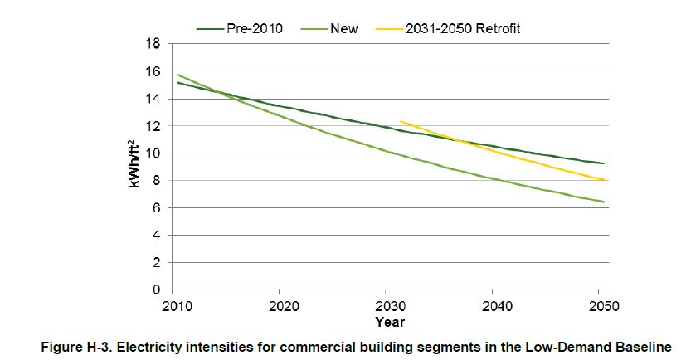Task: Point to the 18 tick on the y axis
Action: point(153,44)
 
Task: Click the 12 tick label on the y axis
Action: point(153,126)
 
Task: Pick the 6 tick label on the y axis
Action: point(157,208)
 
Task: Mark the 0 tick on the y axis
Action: point(157,290)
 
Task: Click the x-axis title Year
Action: point(388,321)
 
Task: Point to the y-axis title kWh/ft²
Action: point(133,166)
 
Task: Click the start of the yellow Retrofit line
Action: point(400,121)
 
